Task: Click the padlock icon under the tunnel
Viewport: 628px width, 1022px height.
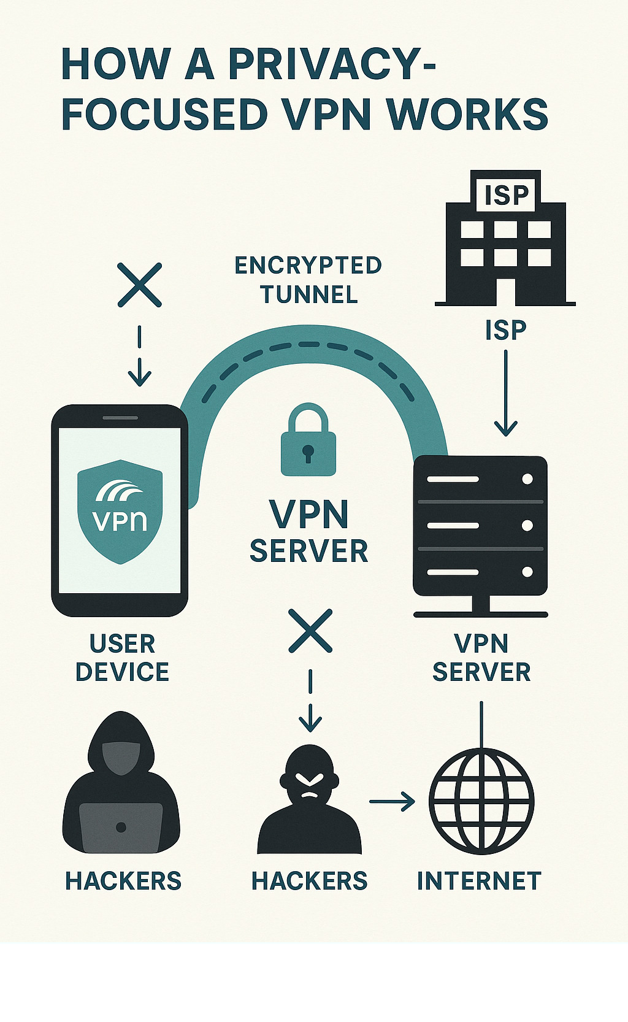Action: (x=308, y=440)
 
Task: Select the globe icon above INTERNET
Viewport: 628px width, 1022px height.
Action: (x=481, y=801)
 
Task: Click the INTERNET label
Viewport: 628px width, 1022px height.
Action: (x=479, y=881)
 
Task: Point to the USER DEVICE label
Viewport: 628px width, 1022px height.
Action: (x=122, y=658)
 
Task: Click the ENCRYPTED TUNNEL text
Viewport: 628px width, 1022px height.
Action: (x=308, y=280)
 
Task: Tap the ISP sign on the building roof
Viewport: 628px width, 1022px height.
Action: (x=506, y=195)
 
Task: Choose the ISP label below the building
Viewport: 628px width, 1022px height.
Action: (x=506, y=331)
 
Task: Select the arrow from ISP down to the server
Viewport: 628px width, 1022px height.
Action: (x=506, y=393)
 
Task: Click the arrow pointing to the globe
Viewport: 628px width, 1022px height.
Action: (x=392, y=801)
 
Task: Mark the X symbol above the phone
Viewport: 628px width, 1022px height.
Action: (x=140, y=285)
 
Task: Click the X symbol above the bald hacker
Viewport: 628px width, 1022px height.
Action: (x=310, y=631)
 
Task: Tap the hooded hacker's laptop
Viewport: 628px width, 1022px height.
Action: (x=121, y=827)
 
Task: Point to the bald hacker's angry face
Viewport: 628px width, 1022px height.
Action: (x=310, y=782)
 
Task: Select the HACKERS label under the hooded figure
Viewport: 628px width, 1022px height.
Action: (x=123, y=881)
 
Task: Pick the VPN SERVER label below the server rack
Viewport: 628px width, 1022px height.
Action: (x=481, y=658)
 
